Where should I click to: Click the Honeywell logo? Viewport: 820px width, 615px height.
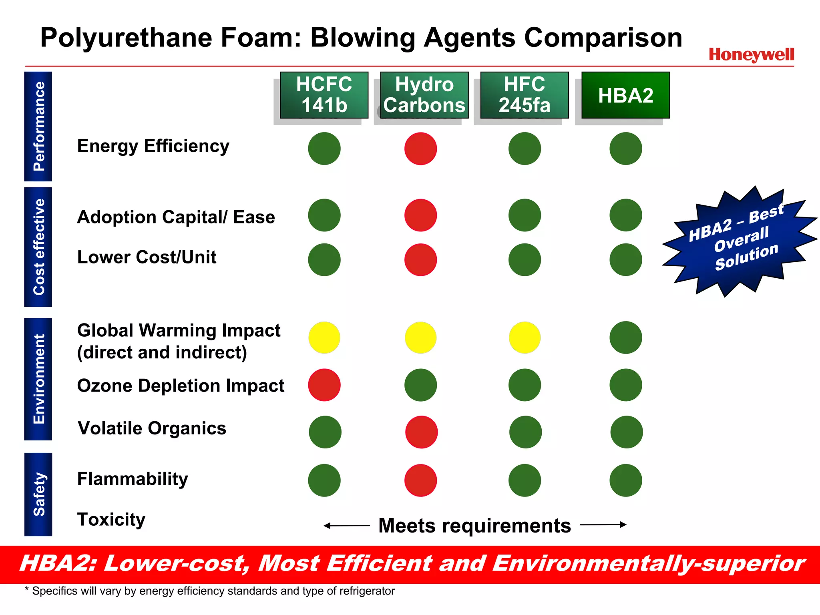751,54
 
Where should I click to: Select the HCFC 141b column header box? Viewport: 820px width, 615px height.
324,95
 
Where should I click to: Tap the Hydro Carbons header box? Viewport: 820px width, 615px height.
424,95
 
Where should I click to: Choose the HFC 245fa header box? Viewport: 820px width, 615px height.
524,95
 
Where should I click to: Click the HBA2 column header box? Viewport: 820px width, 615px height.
625,95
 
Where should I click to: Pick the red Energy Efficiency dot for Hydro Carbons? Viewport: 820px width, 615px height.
420,149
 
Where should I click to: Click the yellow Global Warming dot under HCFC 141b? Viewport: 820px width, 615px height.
324,338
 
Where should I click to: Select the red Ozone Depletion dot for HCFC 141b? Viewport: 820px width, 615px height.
324,385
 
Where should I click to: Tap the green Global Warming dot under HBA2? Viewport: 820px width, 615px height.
625,338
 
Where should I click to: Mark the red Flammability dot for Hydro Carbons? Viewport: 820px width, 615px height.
420,480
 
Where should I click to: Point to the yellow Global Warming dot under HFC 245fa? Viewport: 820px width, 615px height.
525,338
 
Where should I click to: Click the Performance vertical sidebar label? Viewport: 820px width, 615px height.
38,127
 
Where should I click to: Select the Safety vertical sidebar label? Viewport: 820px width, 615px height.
38,494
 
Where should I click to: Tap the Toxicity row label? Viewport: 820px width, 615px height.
111,520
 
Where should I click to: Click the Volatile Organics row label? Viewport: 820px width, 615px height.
152,428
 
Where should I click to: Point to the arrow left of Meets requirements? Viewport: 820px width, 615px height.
346,525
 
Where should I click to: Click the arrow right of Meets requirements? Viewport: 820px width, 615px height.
603,525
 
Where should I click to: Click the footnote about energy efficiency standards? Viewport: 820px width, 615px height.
210,591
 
